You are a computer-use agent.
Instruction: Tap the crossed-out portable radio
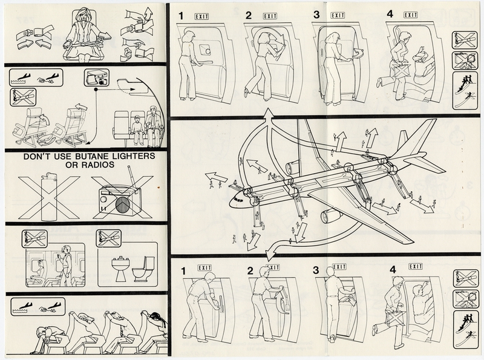point(122,198)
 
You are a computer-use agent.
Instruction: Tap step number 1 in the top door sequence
point(181,14)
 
